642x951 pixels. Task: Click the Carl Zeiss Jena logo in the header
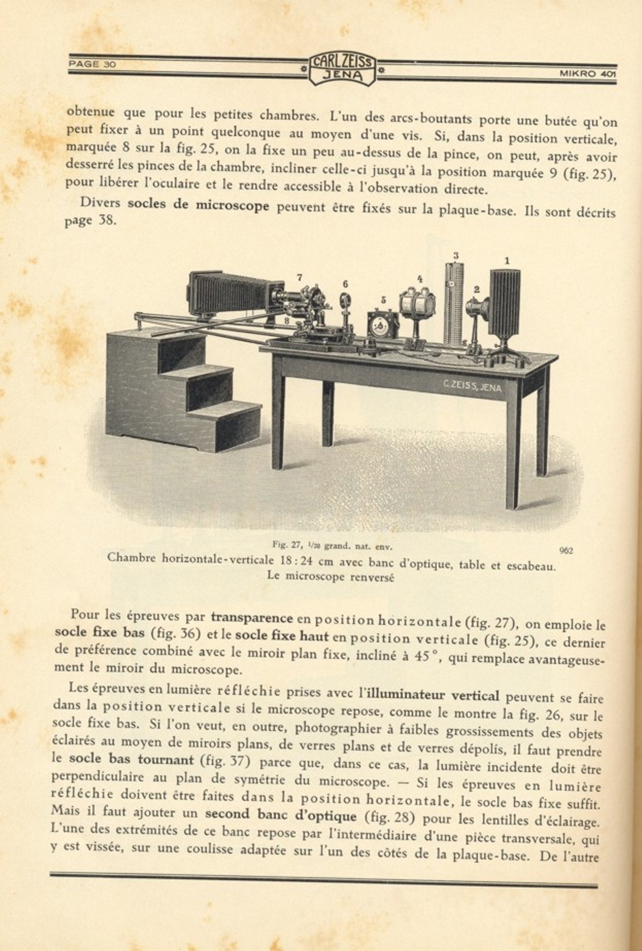342,69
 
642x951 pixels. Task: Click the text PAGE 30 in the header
92,64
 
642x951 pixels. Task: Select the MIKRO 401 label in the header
587,74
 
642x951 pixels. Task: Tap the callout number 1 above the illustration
507,261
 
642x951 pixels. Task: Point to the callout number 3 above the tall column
456,255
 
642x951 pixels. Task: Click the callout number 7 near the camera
300,277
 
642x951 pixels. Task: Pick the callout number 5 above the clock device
383,300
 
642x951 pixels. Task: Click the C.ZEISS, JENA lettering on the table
471,386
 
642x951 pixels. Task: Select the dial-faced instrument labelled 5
383,325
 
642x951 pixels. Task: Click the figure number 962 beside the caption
566,550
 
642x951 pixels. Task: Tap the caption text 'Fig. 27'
283,544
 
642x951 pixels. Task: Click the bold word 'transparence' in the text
252,617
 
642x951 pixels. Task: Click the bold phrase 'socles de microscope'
198,205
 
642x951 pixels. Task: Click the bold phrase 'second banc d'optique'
281,815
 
